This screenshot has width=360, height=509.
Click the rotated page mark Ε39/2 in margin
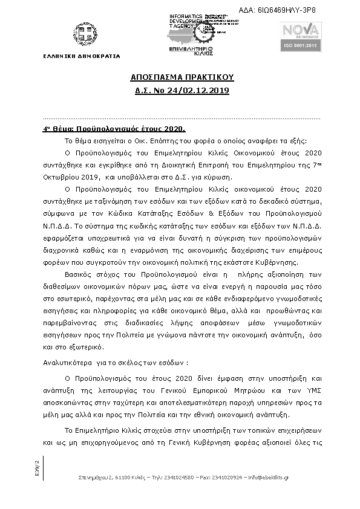point(37,467)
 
